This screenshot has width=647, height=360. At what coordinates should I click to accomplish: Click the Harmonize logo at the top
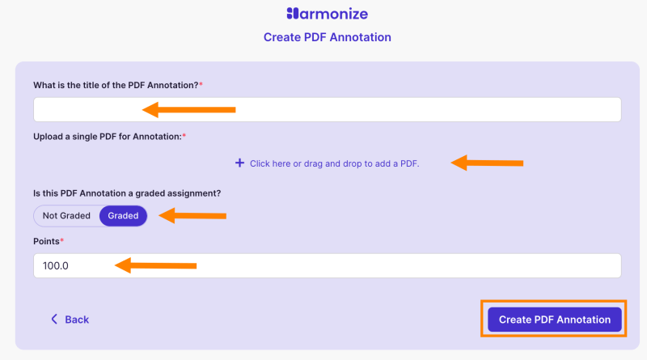(x=327, y=14)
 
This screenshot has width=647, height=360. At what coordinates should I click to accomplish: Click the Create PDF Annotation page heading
(x=327, y=37)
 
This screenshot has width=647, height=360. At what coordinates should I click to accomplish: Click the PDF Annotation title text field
(x=327, y=109)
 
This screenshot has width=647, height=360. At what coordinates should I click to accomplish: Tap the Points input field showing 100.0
(x=327, y=265)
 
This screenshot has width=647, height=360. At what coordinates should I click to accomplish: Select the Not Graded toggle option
(x=66, y=216)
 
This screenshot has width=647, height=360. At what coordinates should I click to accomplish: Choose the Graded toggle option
(x=124, y=216)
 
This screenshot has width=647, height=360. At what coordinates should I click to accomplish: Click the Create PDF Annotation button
(x=554, y=320)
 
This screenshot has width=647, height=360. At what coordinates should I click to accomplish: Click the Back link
(x=76, y=320)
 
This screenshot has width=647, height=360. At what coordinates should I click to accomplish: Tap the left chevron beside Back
(x=54, y=320)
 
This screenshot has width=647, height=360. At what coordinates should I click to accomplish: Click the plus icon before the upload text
(x=239, y=163)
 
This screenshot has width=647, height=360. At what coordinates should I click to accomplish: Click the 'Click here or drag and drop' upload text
(x=334, y=163)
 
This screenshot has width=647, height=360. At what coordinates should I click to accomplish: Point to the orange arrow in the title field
(x=188, y=109)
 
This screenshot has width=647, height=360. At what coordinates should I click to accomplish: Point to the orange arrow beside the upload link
(x=487, y=163)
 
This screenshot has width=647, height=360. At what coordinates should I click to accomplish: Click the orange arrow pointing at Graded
(x=192, y=216)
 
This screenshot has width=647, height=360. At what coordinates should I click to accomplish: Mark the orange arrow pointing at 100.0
(x=156, y=265)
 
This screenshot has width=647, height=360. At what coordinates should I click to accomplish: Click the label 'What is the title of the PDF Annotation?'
(x=115, y=85)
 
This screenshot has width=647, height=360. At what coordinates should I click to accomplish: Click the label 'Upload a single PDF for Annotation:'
(x=107, y=137)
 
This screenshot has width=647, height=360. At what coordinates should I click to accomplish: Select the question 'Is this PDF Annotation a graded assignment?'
(x=127, y=193)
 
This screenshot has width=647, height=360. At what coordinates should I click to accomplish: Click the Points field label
(x=47, y=242)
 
